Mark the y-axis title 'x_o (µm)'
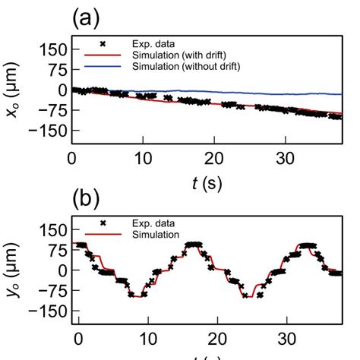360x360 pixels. (14, 91)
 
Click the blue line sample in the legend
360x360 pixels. (103, 67)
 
